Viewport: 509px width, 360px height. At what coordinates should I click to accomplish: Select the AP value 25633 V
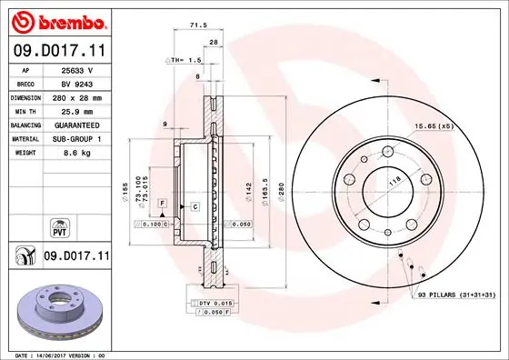pyautogui.click(x=75, y=69)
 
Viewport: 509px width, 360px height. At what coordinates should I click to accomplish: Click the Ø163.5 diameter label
pyautogui.click(x=263, y=192)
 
